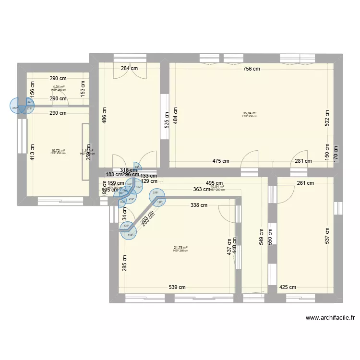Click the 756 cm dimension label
pyautogui.click(x=251, y=69)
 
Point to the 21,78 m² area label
pyautogui.click(x=180, y=248)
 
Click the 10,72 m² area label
pyautogui.click(x=58, y=151)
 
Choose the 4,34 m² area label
pyautogui.click(x=59, y=87)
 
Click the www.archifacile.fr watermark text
pyautogui.click(x=330, y=318)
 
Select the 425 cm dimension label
pyautogui.click(x=288, y=287)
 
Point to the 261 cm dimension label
pyautogui.click(x=305, y=183)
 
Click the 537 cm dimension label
pyautogui.click(x=327, y=235)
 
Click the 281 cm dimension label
pyautogui.click(x=303, y=161)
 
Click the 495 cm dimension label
pyautogui.click(x=214, y=183)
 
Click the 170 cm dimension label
pyautogui.click(x=336, y=155)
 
